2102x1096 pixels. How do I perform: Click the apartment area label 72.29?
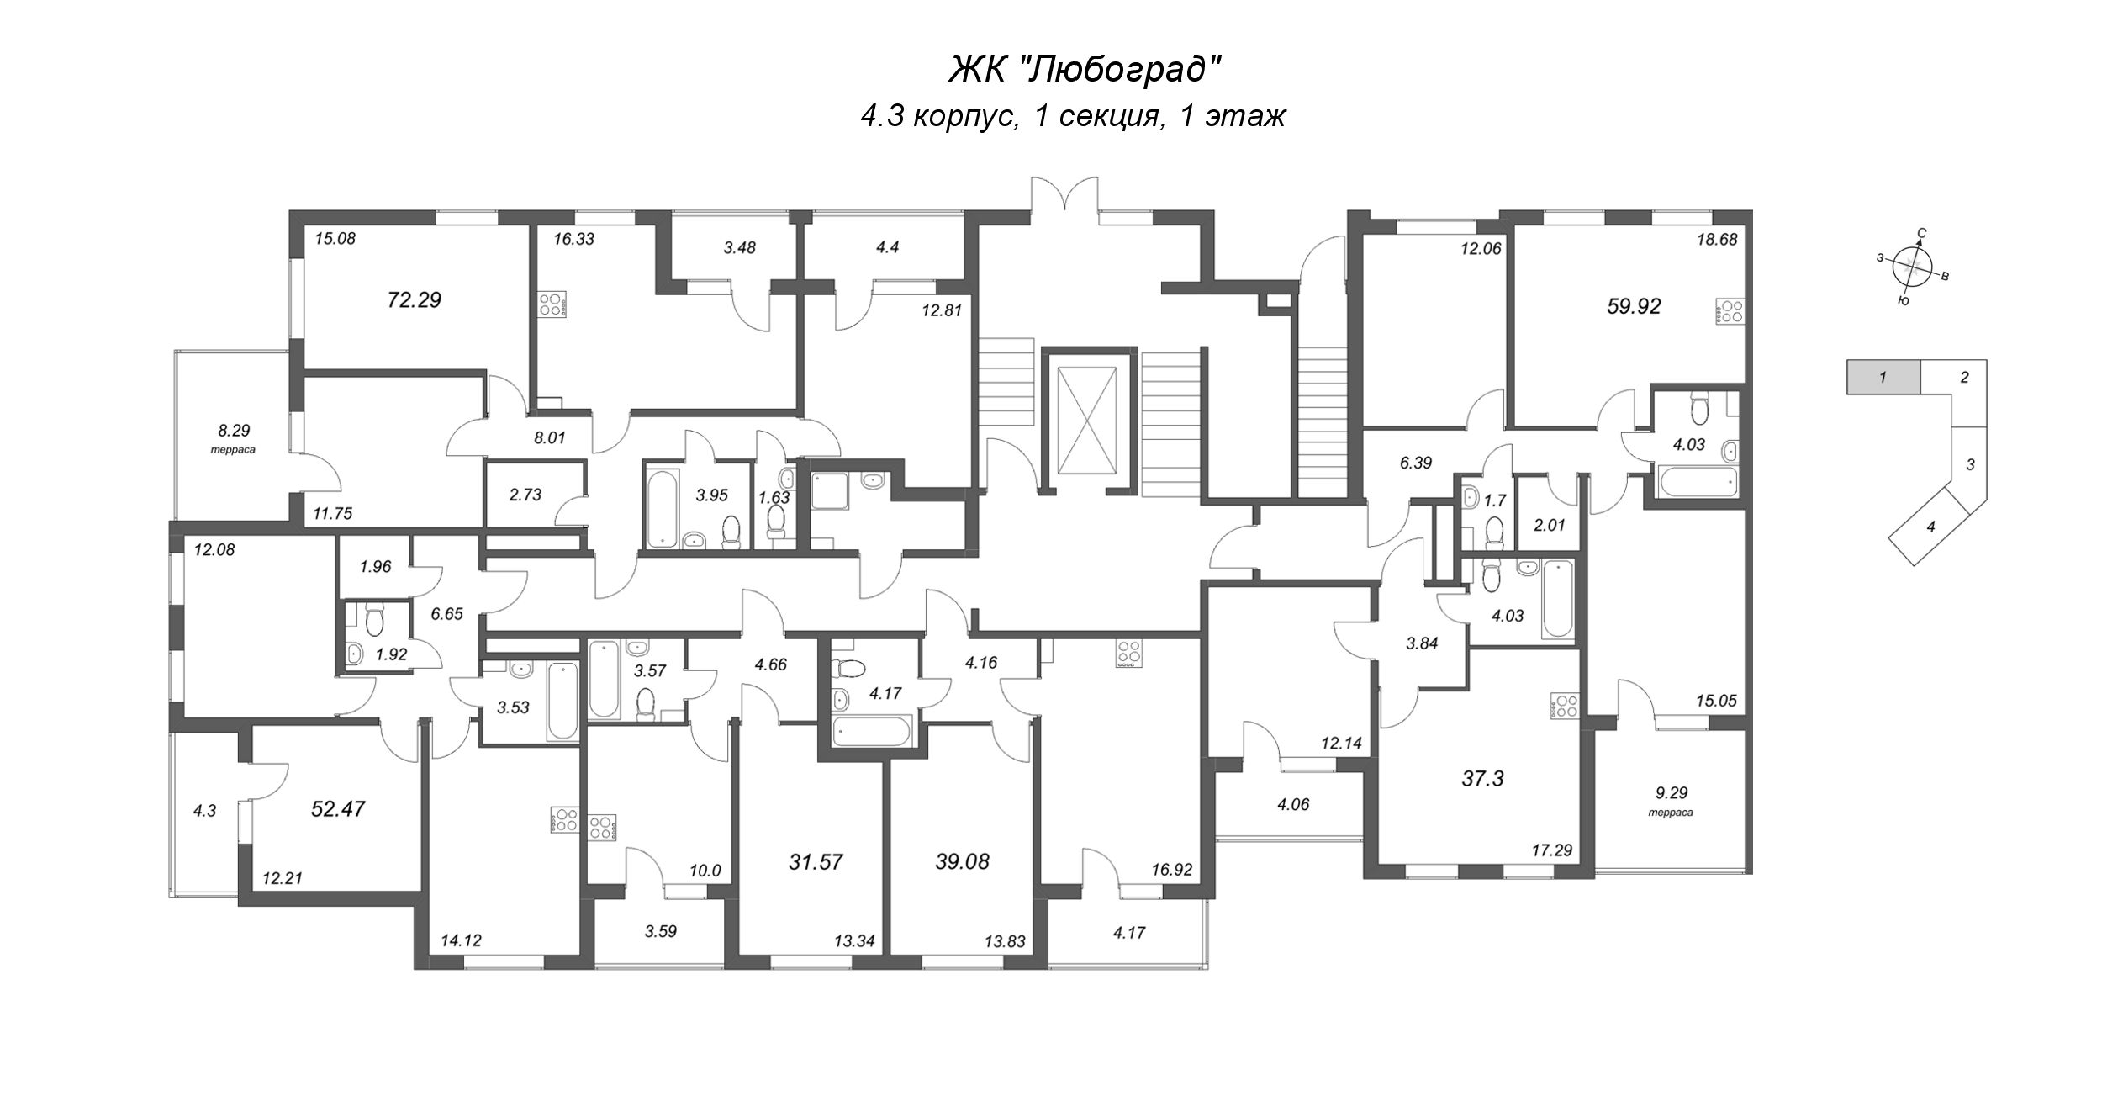pyautogui.click(x=415, y=299)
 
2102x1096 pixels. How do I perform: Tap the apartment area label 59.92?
pyautogui.click(x=1634, y=307)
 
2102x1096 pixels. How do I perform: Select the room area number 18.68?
pyautogui.click(x=1717, y=239)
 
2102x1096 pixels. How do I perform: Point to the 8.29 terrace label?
pyautogui.click(x=234, y=437)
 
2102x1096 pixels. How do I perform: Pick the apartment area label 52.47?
pyautogui.click(x=338, y=809)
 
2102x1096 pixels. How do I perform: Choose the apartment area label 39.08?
pyautogui.click(x=962, y=861)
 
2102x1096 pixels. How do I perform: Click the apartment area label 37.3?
pyautogui.click(x=1482, y=780)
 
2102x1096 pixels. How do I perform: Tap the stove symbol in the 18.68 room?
pyautogui.click(x=1725, y=312)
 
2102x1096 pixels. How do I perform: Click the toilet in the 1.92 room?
pyautogui.click(x=375, y=620)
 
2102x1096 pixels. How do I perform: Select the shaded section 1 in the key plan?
pyautogui.click(x=1883, y=378)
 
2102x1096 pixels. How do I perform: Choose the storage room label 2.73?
pyautogui.click(x=526, y=495)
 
